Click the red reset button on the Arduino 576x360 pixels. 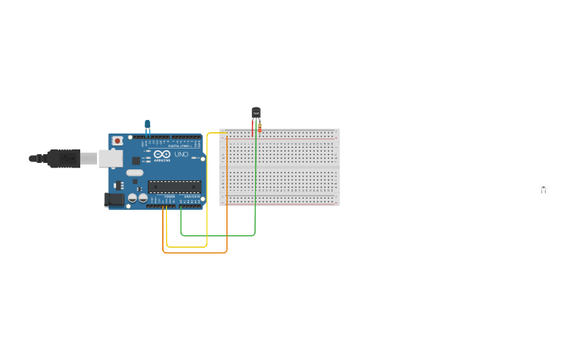click(x=118, y=141)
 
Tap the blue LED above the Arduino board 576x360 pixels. click(x=147, y=125)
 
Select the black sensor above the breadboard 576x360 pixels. click(x=256, y=113)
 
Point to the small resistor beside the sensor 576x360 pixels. click(x=260, y=127)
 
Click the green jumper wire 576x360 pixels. click(x=218, y=235)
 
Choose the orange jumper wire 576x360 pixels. click(x=195, y=253)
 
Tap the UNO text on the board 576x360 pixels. click(x=181, y=154)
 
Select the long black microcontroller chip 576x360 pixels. click(x=174, y=187)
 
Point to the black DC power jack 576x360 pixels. click(x=114, y=199)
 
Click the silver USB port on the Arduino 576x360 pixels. click(x=110, y=159)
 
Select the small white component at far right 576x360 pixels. click(x=543, y=188)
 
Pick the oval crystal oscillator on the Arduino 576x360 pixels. click(x=134, y=172)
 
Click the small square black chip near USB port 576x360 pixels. click(x=137, y=159)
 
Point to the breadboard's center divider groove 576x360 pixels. click(x=280, y=167)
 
